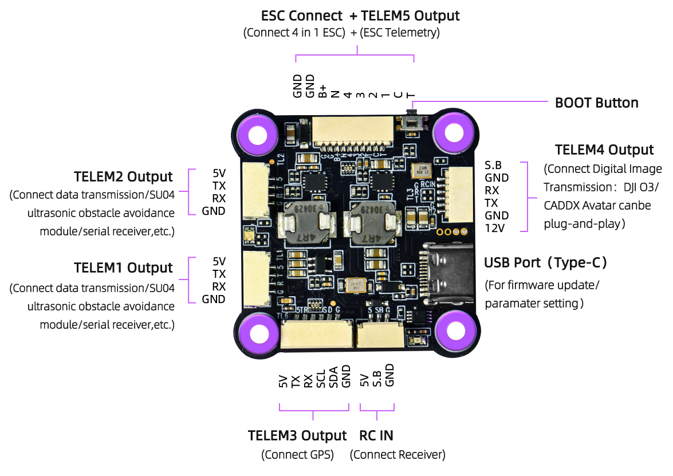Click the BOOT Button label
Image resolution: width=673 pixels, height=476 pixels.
[596, 103]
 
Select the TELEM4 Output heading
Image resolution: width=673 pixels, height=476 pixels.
[604, 150]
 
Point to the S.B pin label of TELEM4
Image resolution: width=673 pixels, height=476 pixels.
[493, 166]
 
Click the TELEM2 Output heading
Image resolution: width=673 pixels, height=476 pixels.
[123, 176]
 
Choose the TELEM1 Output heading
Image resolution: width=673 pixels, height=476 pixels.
[123, 268]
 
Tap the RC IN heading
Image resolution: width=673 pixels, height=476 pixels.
[376, 435]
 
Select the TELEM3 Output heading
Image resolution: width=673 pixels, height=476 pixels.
[297, 435]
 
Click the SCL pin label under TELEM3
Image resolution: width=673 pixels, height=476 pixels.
[321, 379]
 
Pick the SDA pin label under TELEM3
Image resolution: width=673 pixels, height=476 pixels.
[333, 377]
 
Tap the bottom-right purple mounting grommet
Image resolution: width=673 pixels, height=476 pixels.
[456, 331]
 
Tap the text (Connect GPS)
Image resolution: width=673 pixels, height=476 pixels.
[297, 455]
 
